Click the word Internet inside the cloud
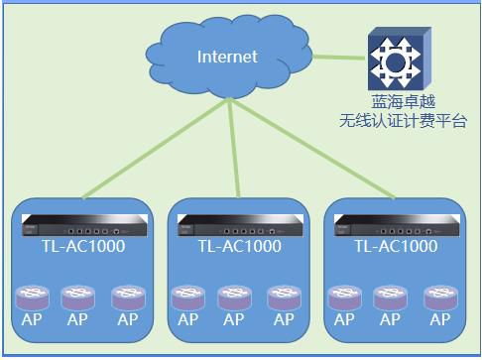[227, 57]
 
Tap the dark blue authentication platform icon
[400, 59]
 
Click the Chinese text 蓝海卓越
[404, 102]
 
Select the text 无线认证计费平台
[404, 121]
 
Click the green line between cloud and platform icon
[339, 58]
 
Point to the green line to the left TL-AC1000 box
[156, 149]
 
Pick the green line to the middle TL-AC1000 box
[234, 149]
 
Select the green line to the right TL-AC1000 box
[312, 150]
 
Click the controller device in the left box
[84, 225]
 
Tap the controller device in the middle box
[240, 225]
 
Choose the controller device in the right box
[397, 225]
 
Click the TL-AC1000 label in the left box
[83, 246]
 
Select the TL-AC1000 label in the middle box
[240, 246]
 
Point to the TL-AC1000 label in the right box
[396, 246]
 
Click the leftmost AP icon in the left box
[32, 298]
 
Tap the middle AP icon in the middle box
[234, 298]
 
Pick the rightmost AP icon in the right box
[441, 298]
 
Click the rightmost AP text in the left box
[128, 319]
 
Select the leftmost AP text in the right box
[344, 319]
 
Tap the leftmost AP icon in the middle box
[188, 298]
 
